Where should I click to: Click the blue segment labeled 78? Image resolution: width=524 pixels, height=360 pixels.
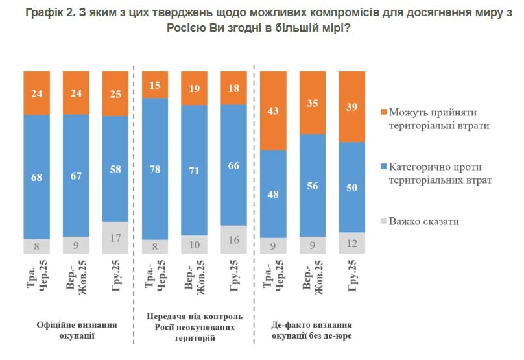tap(156, 169)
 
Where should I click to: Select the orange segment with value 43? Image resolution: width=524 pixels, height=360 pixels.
tap(273, 110)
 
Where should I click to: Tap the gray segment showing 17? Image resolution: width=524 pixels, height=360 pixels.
tap(115, 237)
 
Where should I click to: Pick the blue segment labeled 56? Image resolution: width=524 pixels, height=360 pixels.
tap(312, 185)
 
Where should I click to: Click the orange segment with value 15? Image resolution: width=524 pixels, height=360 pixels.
tap(156, 84)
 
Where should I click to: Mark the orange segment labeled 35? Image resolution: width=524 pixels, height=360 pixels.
tap(312, 102)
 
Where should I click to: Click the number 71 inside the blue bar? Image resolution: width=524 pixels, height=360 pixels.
tap(195, 171)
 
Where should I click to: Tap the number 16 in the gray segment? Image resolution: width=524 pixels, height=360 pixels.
tap(234, 239)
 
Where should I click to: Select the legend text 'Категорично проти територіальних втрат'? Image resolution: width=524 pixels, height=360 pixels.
tap(440, 173)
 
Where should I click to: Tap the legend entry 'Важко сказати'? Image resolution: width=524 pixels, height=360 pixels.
tap(424, 221)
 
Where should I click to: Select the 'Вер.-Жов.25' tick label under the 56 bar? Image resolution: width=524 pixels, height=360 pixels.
tap(313, 278)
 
